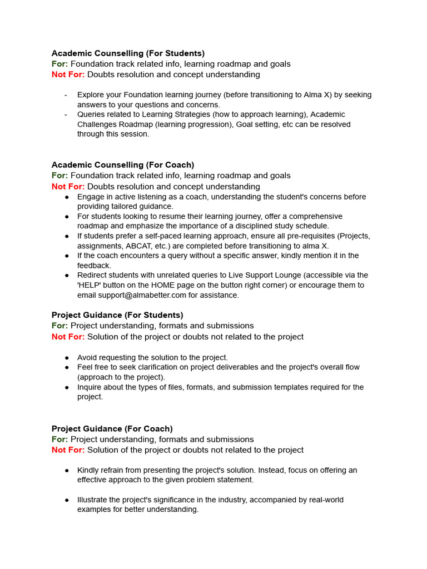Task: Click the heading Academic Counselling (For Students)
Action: (x=128, y=53)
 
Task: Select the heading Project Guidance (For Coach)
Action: (x=112, y=428)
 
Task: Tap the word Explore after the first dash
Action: (x=91, y=95)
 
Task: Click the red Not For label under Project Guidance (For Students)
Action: (x=68, y=336)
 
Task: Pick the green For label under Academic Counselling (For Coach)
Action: (x=59, y=176)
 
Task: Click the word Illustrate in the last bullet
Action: (x=93, y=500)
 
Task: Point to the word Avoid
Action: (x=87, y=357)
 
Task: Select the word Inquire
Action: (x=91, y=387)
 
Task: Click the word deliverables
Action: (x=220, y=367)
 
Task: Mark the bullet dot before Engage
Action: (x=67, y=197)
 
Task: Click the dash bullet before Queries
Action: (x=66, y=114)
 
